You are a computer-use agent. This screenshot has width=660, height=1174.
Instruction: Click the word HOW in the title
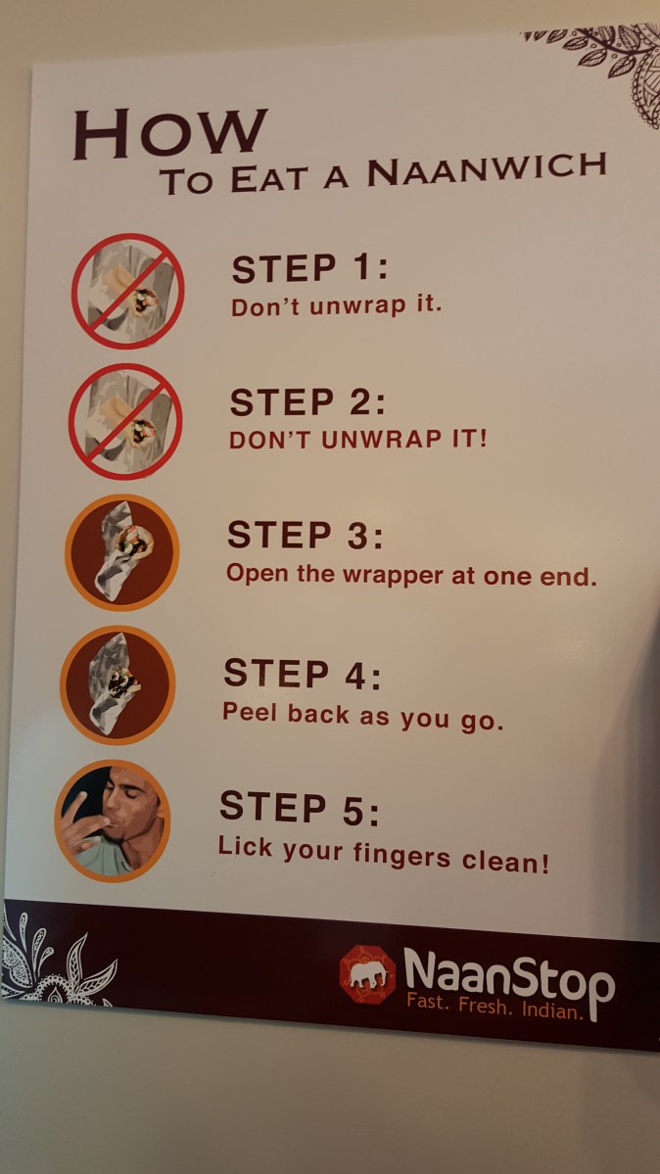tap(170, 133)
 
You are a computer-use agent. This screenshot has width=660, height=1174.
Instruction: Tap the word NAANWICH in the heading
tap(487, 169)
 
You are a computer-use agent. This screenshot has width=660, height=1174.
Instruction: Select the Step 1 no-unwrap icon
tap(127, 291)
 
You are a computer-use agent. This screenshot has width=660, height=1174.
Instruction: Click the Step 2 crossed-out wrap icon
tap(125, 422)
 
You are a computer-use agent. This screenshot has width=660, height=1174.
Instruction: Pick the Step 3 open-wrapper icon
tap(122, 552)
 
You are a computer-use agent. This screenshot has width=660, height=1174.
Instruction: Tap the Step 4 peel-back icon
tap(118, 684)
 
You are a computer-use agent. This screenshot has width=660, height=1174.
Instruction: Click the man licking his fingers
tap(113, 821)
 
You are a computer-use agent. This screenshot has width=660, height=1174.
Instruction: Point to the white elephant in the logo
tap(368, 973)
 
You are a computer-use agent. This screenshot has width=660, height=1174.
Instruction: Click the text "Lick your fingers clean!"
tap(384, 855)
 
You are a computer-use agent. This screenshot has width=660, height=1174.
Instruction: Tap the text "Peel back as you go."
tap(362, 717)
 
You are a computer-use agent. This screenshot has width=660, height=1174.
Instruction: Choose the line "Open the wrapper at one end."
tap(411, 575)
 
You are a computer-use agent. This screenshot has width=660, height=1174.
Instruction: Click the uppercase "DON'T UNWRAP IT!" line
tap(358, 438)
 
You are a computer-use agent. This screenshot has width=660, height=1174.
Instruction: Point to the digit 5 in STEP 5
tap(353, 812)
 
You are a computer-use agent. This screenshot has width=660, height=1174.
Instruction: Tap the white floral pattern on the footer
tap(56, 959)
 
